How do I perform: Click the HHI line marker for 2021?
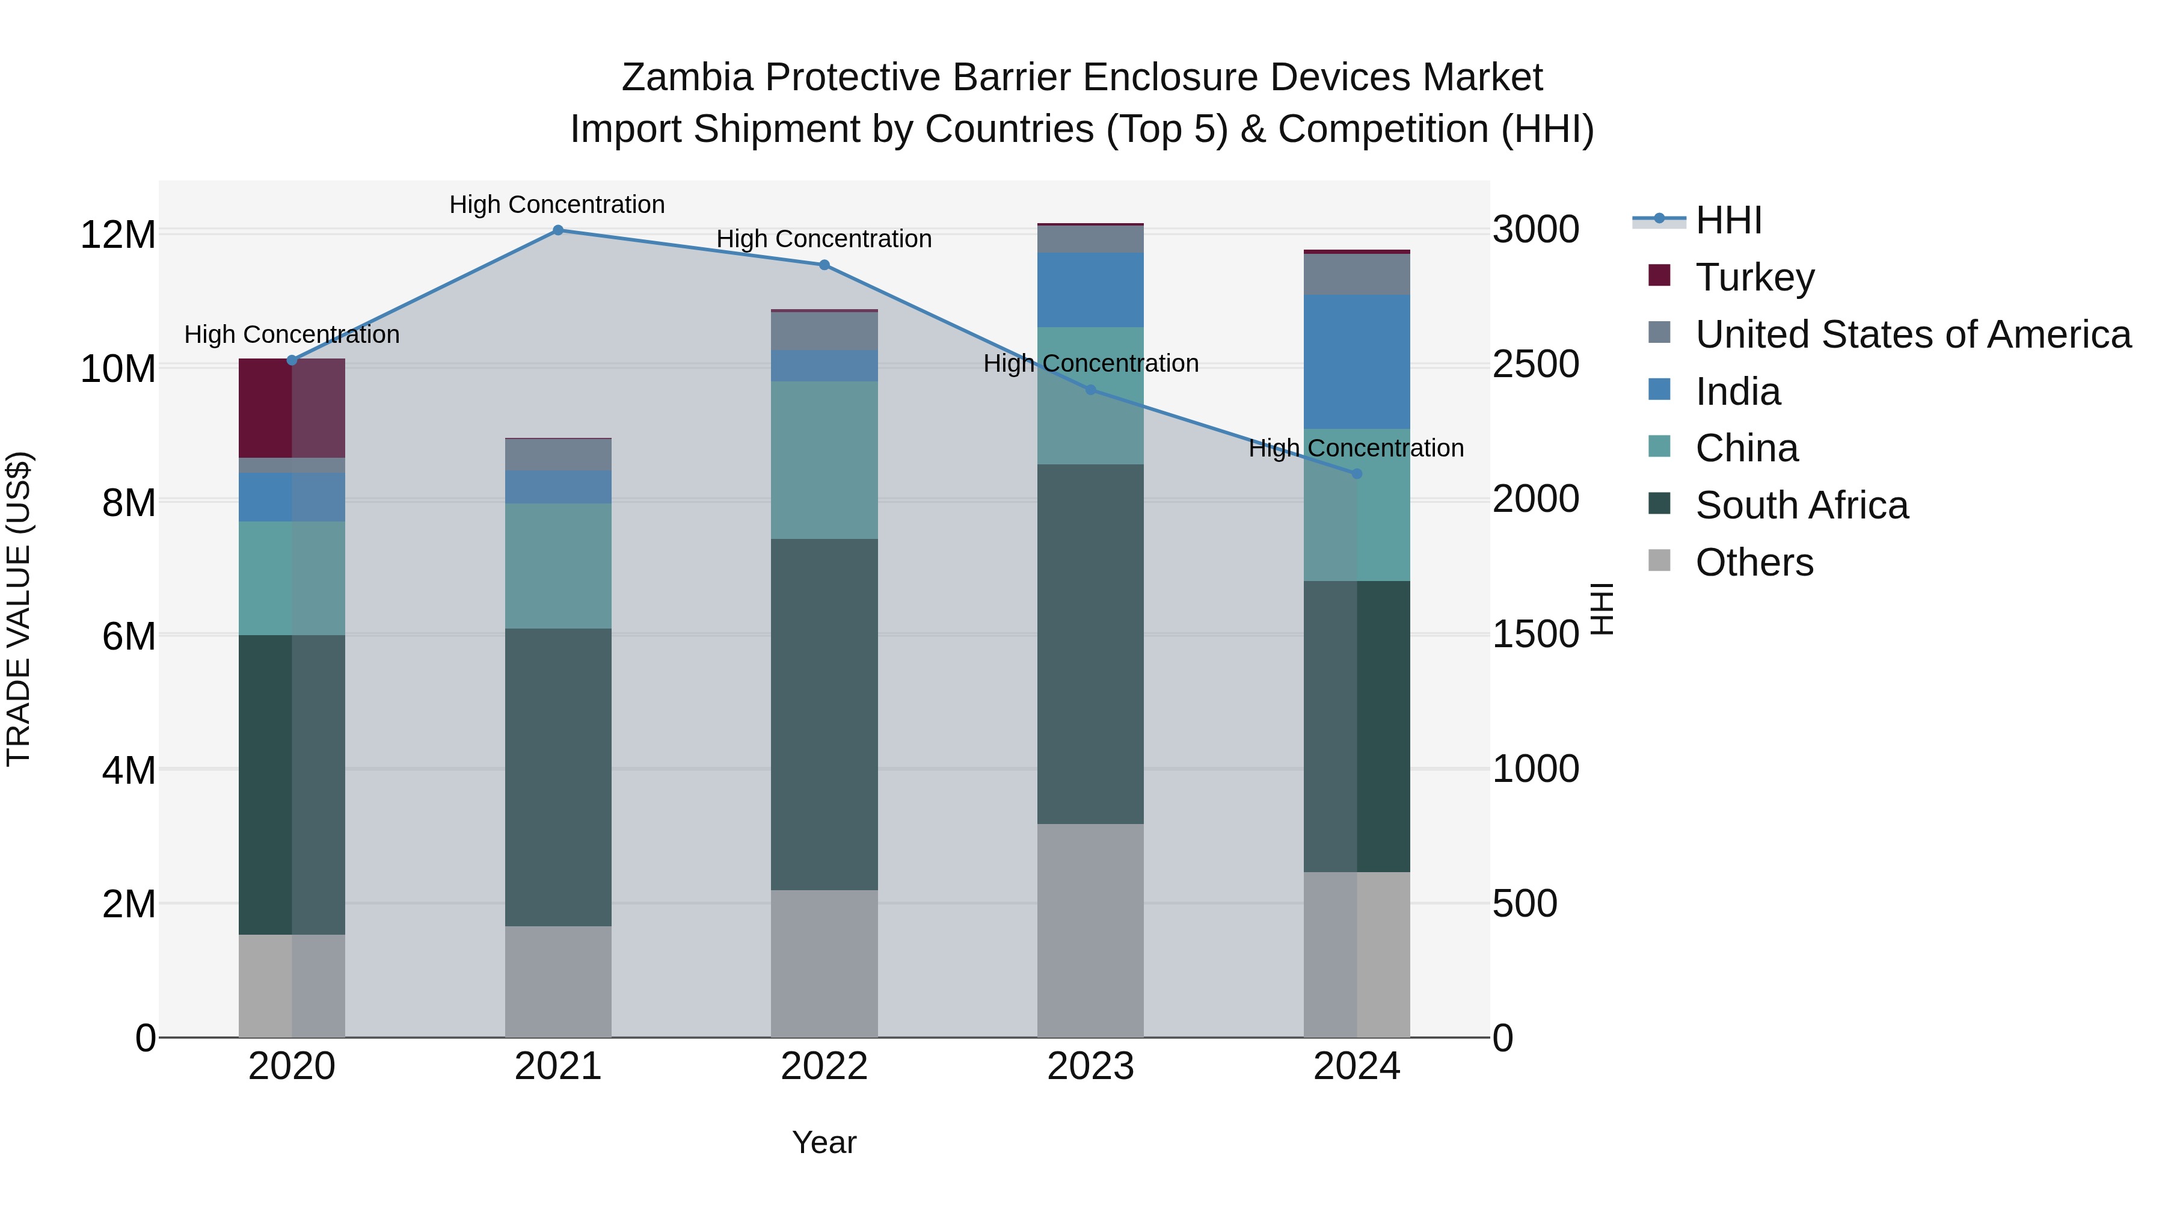pyautogui.click(x=558, y=230)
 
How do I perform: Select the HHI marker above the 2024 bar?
pyautogui.click(x=1357, y=474)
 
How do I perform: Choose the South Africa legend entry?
pyautogui.click(x=1801, y=505)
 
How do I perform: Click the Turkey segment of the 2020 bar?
pyautogui.click(x=292, y=408)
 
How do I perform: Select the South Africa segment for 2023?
pyautogui.click(x=1090, y=644)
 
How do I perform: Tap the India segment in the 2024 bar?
pyautogui.click(x=1357, y=362)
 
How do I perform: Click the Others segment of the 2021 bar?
pyautogui.click(x=558, y=982)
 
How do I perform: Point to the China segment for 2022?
pyautogui.click(x=824, y=461)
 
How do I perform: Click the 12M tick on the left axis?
pyautogui.click(x=118, y=235)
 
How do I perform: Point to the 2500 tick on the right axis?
pyautogui.click(x=1535, y=365)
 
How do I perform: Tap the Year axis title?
pyautogui.click(x=824, y=1142)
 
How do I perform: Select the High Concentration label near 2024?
pyautogui.click(x=1356, y=448)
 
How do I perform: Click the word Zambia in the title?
pyautogui.click(x=687, y=78)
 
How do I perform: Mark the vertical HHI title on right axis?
pyautogui.click(x=1602, y=609)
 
